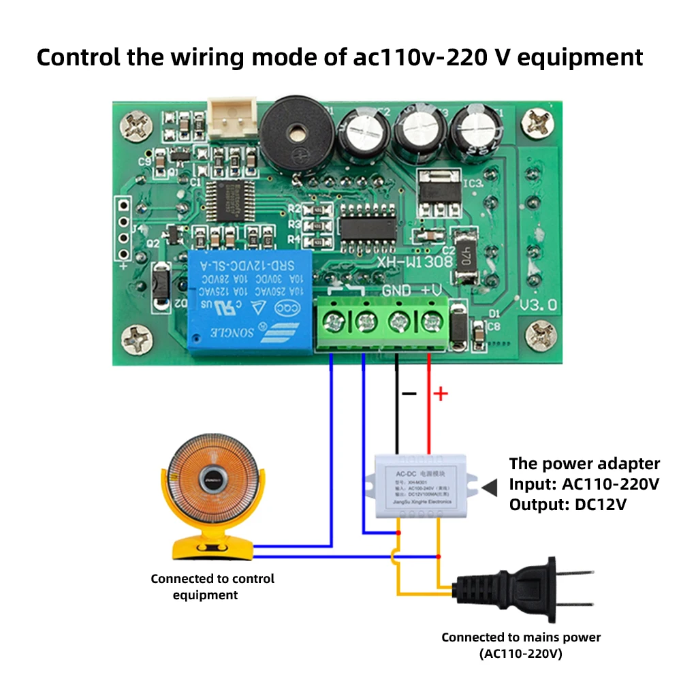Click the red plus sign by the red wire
[441, 394]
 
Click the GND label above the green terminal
[396, 291]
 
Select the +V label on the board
[432, 291]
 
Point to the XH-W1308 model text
[409, 261]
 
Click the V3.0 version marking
[538, 304]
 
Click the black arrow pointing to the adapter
[490, 486]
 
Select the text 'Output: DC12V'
[567, 505]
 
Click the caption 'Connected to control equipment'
[212, 586]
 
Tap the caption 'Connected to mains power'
[521, 637]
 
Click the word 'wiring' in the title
[203, 57]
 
